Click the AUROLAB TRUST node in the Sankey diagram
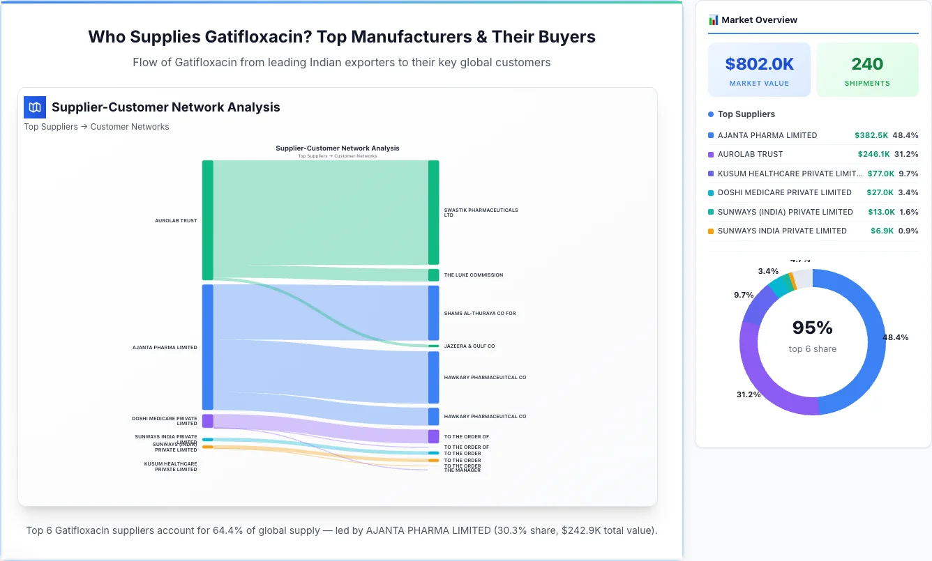pyautogui.click(x=207, y=220)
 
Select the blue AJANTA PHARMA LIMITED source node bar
pyautogui.click(x=207, y=347)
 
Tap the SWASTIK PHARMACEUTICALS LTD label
pyautogui.click(x=481, y=213)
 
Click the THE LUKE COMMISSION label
pyautogui.click(x=473, y=275)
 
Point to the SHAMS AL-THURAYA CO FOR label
pyautogui.click(x=479, y=314)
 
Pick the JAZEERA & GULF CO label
pyautogui.click(x=469, y=346)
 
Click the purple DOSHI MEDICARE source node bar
pyautogui.click(x=207, y=421)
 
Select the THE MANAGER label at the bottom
pyautogui.click(x=462, y=470)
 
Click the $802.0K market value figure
pyautogui.click(x=759, y=64)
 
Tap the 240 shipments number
pyautogui.click(x=867, y=64)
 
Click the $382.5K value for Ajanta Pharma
pyautogui.click(x=871, y=135)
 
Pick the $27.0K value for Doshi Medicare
pyautogui.click(x=880, y=192)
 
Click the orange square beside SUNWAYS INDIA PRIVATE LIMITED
pyautogui.click(x=711, y=231)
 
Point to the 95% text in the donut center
pyautogui.click(x=812, y=328)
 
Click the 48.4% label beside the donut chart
pyautogui.click(x=896, y=337)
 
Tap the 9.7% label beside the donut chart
pyautogui.click(x=744, y=295)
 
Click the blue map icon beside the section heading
pyautogui.click(x=34, y=107)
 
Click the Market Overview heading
pyautogui.click(x=758, y=20)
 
